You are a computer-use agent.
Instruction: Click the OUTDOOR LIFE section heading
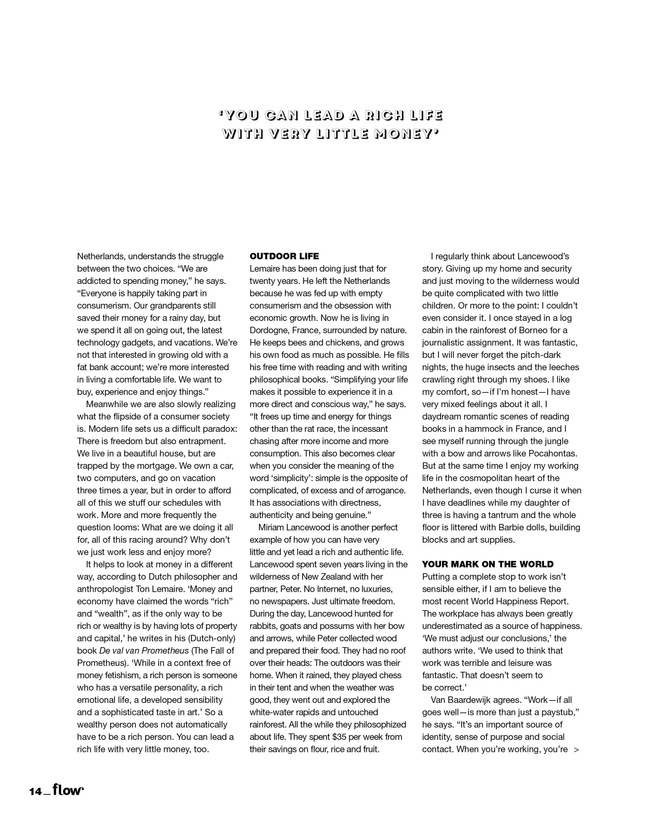pyautogui.click(x=284, y=256)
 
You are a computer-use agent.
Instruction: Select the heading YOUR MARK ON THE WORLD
pyautogui.click(x=488, y=564)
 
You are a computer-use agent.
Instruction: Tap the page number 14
pyautogui.click(x=36, y=791)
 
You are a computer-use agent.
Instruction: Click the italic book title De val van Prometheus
pyautogui.click(x=144, y=650)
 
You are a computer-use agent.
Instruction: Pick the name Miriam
pyautogui.click(x=272, y=527)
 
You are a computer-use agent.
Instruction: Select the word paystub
pyautogui.click(x=559, y=712)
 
